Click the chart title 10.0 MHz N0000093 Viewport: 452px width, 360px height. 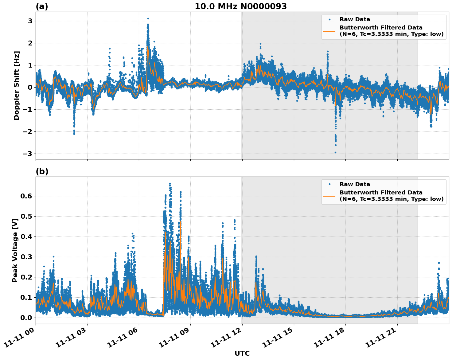241,6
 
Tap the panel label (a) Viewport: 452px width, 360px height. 42,6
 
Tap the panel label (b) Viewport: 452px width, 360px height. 42,171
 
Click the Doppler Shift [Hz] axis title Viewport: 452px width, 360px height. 17,85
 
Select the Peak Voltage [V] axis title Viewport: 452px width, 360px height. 15,250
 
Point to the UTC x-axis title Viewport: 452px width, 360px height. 242,353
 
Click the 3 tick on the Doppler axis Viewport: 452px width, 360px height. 30,21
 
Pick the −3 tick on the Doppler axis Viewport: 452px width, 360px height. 28,154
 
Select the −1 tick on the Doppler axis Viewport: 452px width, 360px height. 28,109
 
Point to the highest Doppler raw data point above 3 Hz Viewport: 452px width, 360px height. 148,18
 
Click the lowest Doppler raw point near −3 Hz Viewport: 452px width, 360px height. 335,152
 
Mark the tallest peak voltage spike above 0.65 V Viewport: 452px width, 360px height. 170,184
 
